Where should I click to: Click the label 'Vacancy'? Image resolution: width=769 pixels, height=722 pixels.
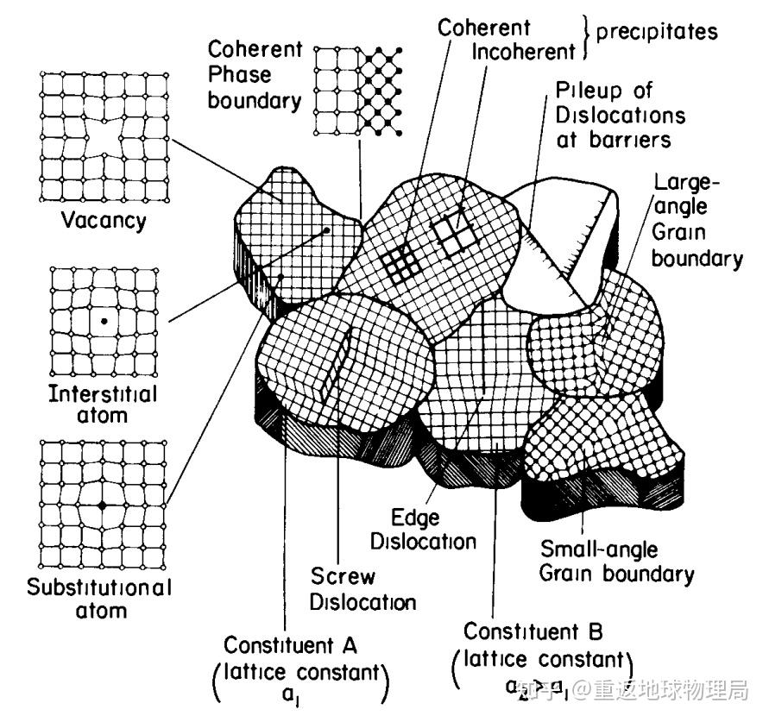click(x=104, y=220)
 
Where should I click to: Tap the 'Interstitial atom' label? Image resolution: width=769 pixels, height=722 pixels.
click(x=104, y=405)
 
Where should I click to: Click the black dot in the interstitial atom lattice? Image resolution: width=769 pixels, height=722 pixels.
click(x=104, y=321)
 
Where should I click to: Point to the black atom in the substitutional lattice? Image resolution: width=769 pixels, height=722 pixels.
click(x=103, y=505)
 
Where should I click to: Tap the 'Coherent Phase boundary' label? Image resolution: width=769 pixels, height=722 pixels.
click(x=254, y=73)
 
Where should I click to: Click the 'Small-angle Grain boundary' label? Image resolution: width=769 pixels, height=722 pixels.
click(x=617, y=561)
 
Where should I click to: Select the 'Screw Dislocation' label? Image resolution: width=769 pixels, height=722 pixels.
click(x=362, y=587)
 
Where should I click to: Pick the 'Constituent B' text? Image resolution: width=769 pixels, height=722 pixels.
click(x=533, y=631)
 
